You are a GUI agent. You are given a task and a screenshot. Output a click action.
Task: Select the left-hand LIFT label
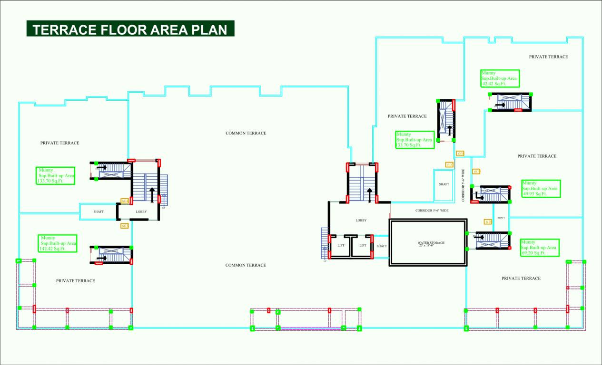pyautogui.click(x=341, y=246)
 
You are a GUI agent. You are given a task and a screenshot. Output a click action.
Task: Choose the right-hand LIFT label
pyautogui.click(x=363, y=246)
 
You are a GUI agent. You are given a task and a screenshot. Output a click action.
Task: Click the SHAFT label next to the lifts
pyautogui.click(x=382, y=246)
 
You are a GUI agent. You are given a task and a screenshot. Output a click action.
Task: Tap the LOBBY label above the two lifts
pyautogui.click(x=361, y=221)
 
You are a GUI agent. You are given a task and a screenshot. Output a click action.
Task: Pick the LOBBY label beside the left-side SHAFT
pyautogui.click(x=141, y=211)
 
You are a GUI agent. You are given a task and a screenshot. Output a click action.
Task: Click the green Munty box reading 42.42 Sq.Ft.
pyautogui.click(x=499, y=78)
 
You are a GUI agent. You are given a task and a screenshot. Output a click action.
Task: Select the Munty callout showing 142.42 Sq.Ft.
pyautogui.click(x=58, y=243)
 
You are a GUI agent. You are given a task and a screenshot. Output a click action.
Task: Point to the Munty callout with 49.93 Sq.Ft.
pyautogui.click(x=541, y=189)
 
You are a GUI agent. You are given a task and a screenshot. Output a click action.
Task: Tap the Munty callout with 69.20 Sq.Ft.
pyautogui.click(x=539, y=248)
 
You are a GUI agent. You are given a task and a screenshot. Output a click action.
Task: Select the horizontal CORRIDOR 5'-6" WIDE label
pyautogui.click(x=432, y=210)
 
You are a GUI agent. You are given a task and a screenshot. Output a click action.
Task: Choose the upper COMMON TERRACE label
pyautogui.click(x=246, y=133)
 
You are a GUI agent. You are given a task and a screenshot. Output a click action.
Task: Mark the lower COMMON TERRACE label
pyautogui.click(x=246, y=265)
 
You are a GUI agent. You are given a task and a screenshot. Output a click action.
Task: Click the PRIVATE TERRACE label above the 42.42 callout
pyautogui.click(x=548, y=57)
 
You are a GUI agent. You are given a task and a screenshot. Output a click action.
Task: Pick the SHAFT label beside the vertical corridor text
pyautogui.click(x=444, y=184)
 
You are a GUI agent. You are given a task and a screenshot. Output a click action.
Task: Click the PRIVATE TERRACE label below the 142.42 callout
pyautogui.click(x=75, y=281)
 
